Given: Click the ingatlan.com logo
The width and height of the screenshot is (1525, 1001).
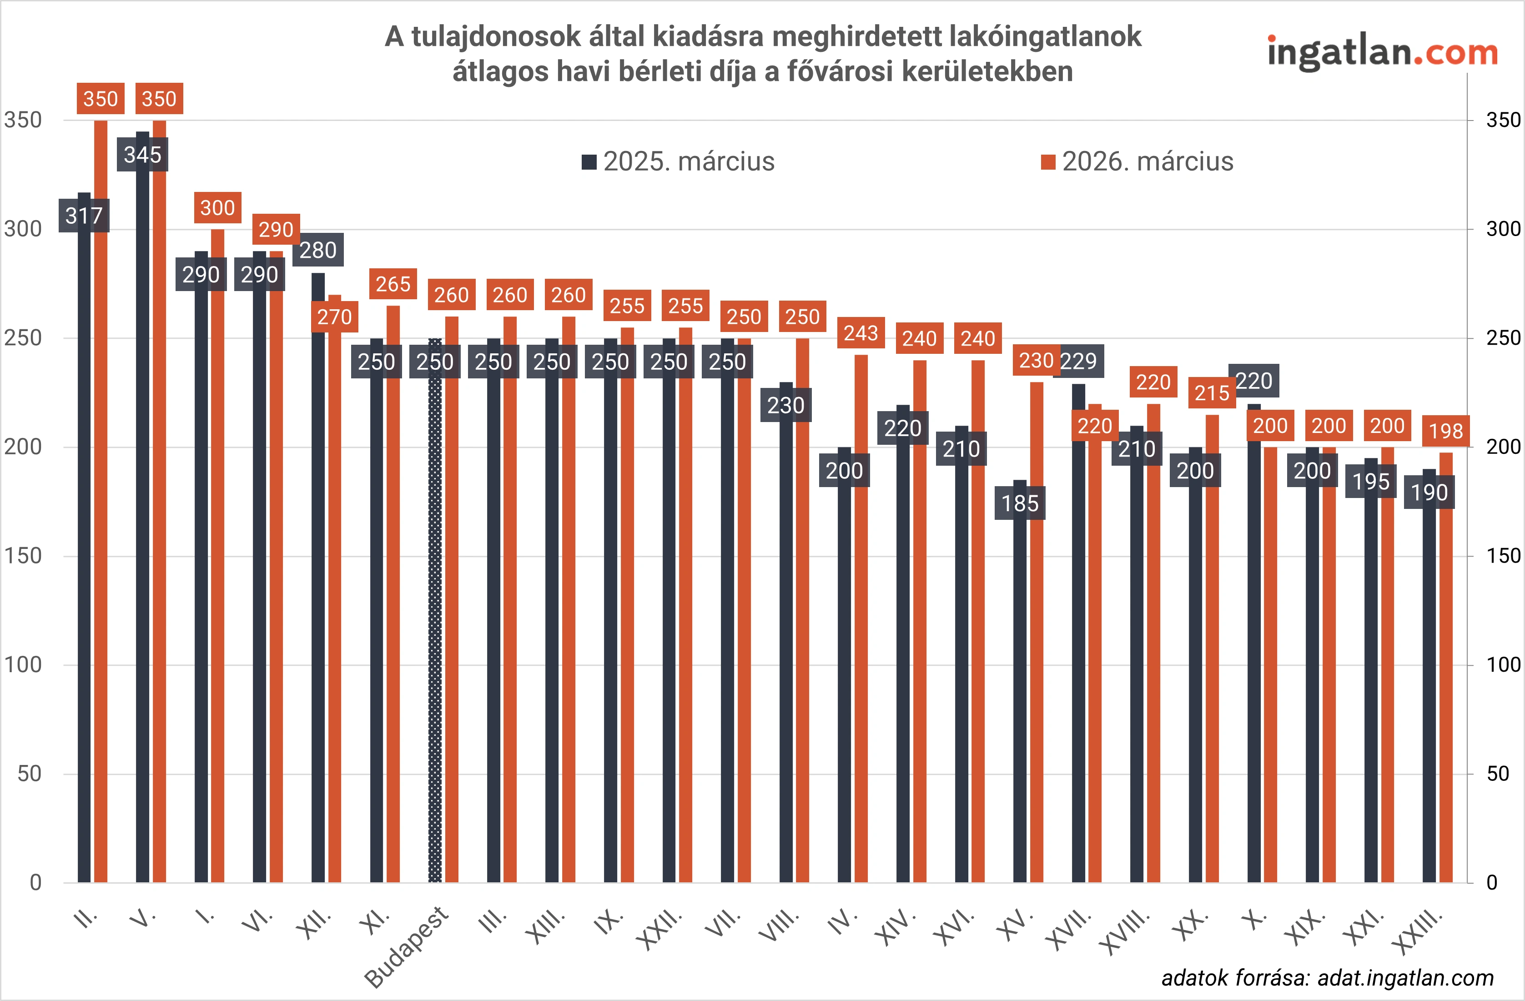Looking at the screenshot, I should pyautogui.click(x=1382, y=53).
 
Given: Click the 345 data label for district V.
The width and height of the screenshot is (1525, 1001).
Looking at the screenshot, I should pyautogui.click(x=142, y=155).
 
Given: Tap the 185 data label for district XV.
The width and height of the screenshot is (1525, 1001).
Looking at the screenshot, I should pyautogui.click(x=1019, y=503).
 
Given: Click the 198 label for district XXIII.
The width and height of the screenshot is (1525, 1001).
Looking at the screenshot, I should pyautogui.click(x=1445, y=431).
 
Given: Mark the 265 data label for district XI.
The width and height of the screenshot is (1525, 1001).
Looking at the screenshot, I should pyautogui.click(x=393, y=284).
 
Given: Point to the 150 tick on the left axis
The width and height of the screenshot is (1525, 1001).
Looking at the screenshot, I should pyautogui.click(x=23, y=556).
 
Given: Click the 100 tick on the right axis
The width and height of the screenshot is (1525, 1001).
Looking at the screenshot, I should pyautogui.click(x=1503, y=664).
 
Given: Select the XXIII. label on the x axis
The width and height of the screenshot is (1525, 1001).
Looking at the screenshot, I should pyautogui.click(x=1419, y=932).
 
